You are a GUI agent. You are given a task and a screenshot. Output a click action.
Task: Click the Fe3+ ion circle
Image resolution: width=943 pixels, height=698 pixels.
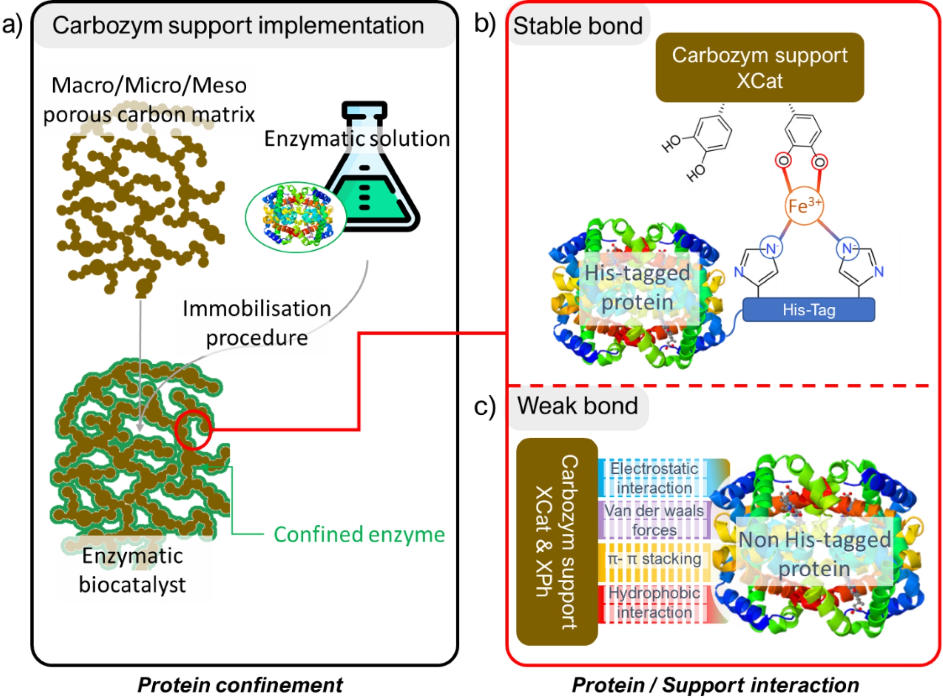pos(804,206)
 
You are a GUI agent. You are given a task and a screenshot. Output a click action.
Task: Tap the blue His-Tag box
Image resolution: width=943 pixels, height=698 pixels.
pos(808,310)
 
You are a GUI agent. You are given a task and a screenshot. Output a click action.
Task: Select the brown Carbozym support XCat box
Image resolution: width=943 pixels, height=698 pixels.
pos(759,68)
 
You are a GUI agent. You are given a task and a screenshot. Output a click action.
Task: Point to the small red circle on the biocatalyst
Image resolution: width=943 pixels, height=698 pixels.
pos(193,430)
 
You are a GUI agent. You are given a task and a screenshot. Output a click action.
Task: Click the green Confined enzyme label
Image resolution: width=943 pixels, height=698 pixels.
pos(359,534)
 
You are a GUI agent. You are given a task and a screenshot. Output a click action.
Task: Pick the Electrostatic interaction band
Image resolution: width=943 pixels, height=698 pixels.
pos(654,478)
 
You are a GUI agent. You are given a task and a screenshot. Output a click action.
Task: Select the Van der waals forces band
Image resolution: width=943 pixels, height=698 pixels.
pos(654,520)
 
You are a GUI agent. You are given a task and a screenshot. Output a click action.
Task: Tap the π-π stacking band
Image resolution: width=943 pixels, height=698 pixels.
pos(654,560)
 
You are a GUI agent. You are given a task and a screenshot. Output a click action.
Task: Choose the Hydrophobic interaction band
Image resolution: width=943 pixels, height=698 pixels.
pos(654,603)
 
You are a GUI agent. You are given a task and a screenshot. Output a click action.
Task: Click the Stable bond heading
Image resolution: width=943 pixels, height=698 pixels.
pos(578,26)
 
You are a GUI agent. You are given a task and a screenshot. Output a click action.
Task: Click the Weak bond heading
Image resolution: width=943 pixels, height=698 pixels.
pos(578,406)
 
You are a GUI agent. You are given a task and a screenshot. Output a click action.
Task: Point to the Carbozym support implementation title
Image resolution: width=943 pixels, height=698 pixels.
pos(238,26)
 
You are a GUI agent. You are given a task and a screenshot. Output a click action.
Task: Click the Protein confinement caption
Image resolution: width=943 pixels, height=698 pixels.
pos(240,685)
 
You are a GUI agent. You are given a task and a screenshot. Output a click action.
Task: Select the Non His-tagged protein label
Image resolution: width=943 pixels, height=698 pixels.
pos(814,554)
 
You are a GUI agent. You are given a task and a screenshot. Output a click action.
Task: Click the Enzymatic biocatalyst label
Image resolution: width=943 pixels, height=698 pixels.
pos(132,570)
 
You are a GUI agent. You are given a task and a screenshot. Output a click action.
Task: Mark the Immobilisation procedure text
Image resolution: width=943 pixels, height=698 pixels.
pos(256,323)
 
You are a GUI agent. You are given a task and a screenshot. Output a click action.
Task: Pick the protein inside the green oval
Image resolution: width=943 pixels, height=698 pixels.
pos(295,217)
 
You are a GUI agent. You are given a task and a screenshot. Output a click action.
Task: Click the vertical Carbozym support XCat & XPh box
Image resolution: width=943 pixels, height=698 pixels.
pos(556,541)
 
